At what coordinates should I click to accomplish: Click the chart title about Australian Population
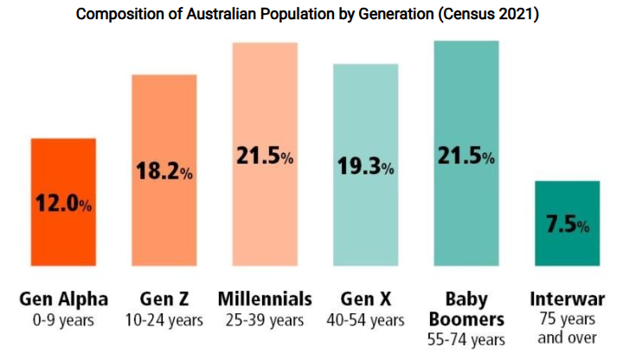pos(311,15)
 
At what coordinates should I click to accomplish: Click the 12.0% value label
pos(63,204)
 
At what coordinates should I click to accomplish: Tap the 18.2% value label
pos(164,171)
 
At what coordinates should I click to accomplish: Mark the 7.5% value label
pos(568,225)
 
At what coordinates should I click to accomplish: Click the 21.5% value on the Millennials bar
pos(265,157)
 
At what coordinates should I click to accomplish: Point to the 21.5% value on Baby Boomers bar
pos(466,157)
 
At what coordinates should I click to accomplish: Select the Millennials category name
pos(265,299)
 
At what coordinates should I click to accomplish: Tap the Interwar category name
pos(568,299)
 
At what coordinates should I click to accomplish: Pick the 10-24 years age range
pos(164,321)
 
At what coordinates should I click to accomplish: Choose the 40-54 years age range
pos(366,321)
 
